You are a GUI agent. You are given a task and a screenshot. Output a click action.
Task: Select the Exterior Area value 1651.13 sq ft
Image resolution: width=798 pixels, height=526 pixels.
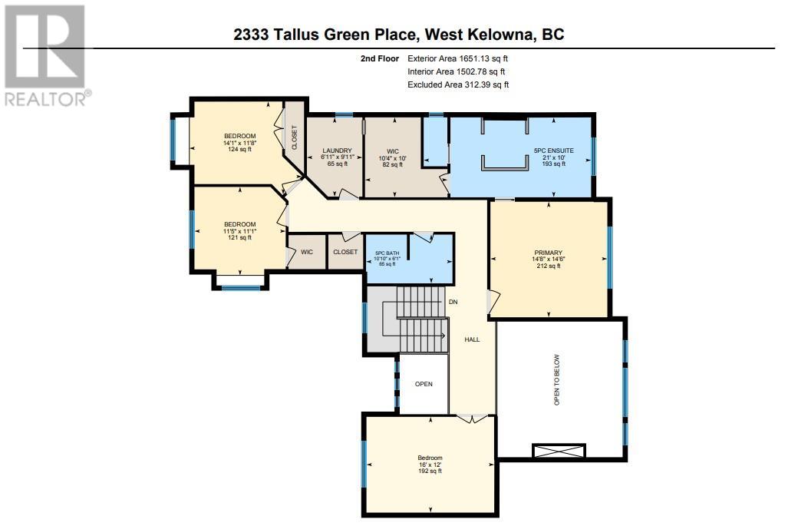click(x=483, y=58)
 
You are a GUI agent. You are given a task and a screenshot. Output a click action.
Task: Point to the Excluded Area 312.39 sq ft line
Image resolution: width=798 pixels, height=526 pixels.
click(x=458, y=84)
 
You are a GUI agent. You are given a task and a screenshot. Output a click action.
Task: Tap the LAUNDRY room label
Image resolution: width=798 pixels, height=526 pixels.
click(x=337, y=151)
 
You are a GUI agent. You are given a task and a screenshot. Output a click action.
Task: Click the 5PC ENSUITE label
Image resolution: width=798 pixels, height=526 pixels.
click(x=554, y=151)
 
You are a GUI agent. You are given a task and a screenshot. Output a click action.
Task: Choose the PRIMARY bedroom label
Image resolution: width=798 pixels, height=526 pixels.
click(x=548, y=253)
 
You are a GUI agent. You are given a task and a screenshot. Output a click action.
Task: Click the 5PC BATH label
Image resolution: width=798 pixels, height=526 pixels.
click(x=387, y=253)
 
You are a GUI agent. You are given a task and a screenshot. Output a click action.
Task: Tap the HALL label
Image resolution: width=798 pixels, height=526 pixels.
click(x=472, y=339)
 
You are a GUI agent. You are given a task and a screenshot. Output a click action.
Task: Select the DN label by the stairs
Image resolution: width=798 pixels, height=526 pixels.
click(x=453, y=302)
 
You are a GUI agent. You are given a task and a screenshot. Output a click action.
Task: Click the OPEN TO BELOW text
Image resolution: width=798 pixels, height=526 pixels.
click(x=556, y=380)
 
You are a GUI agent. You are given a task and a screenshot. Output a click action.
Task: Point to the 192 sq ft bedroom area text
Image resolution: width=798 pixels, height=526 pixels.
click(x=430, y=471)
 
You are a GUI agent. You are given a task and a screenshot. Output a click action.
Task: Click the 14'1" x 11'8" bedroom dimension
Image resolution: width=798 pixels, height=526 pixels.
click(x=239, y=143)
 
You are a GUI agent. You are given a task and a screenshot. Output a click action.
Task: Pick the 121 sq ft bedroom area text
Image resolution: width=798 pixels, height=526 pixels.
click(x=239, y=237)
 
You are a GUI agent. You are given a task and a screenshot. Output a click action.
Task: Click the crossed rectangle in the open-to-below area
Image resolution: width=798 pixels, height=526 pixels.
click(x=559, y=451)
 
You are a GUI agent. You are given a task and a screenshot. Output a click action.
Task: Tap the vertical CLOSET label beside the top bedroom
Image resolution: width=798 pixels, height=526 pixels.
click(x=294, y=137)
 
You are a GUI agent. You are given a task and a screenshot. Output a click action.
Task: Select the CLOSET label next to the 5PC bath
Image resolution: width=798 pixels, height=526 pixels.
click(x=345, y=252)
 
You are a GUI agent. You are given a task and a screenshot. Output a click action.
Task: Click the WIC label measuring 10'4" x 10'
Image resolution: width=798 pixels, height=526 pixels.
click(x=392, y=151)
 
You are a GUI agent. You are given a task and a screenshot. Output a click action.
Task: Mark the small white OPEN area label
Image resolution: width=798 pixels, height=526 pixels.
click(x=424, y=384)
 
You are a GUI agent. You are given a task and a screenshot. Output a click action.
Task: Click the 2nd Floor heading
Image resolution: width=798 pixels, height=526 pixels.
click(x=380, y=58)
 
